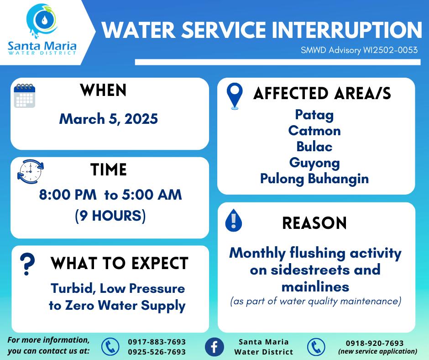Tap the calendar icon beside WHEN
24,95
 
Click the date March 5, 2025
109,119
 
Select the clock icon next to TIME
31,171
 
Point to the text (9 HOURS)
110,216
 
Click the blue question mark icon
27,264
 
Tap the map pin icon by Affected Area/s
235,96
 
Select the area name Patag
314,115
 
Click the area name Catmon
314,131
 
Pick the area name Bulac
314,147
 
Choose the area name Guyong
314,163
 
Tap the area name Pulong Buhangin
314,179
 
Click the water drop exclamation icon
233,220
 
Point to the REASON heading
314,223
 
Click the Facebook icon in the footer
214,347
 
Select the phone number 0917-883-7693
157,342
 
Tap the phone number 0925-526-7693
157,352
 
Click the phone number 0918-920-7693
375,343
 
